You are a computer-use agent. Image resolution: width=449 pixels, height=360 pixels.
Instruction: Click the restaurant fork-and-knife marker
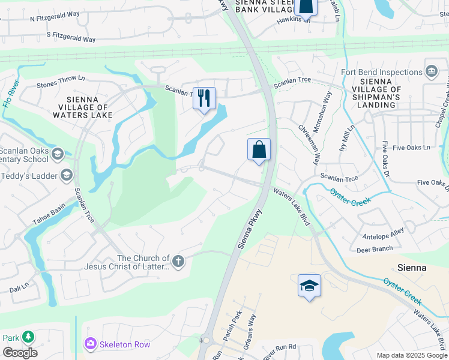coord(204,97)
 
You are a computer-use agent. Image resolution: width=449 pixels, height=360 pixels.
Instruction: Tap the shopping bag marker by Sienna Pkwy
coord(259,149)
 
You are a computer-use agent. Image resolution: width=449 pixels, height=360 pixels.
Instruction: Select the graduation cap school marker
coord(309,286)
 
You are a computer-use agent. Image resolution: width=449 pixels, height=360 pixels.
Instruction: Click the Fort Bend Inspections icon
coord(431,72)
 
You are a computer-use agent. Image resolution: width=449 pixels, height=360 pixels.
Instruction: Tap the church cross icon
coord(178,261)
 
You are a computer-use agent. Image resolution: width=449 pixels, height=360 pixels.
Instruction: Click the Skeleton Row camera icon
coord(90,344)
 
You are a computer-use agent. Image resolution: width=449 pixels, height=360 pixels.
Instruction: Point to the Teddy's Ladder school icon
coord(66,175)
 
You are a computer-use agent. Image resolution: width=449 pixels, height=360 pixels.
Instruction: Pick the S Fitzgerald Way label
coord(71,38)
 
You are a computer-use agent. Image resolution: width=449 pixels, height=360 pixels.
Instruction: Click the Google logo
coord(19,352)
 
